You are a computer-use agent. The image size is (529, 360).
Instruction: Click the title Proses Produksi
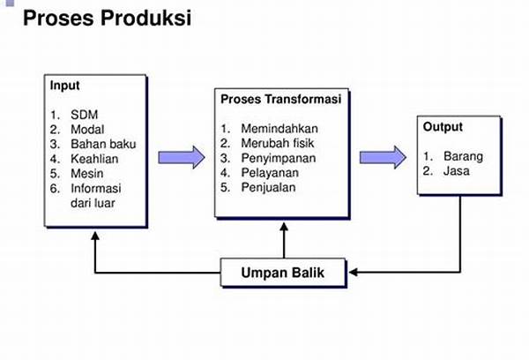click(x=108, y=18)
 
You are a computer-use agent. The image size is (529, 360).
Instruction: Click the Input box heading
click(x=64, y=86)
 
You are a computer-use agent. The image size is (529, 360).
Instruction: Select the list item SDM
click(x=85, y=115)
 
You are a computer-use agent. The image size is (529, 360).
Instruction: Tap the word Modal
click(x=87, y=130)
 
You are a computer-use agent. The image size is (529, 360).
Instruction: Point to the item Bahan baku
click(x=103, y=144)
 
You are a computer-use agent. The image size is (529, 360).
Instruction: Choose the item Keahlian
click(x=94, y=159)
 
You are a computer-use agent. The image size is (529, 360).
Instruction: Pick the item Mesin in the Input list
click(x=87, y=174)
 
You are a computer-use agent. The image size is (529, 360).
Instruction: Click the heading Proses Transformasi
click(x=281, y=100)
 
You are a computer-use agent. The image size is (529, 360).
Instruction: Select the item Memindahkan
click(x=279, y=129)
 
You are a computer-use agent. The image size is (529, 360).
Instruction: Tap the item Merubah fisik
click(x=278, y=143)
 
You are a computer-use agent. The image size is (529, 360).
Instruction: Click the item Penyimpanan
click(x=279, y=158)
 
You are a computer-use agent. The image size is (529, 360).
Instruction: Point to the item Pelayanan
click(x=270, y=173)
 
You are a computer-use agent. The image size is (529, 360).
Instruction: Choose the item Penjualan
click(x=268, y=187)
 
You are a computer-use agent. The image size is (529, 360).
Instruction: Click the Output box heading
click(x=443, y=127)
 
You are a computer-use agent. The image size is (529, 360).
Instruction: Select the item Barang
click(x=463, y=156)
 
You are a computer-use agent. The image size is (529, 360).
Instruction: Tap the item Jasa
click(x=456, y=171)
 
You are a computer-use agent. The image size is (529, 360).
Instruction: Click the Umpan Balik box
click(x=283, y=273)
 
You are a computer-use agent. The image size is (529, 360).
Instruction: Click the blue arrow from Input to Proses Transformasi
click(x=182, y=157)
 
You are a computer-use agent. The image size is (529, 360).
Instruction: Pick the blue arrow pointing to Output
click(x=383, y=157)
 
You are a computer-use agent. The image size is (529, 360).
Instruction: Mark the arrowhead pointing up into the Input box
click(x=95, y=236)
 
